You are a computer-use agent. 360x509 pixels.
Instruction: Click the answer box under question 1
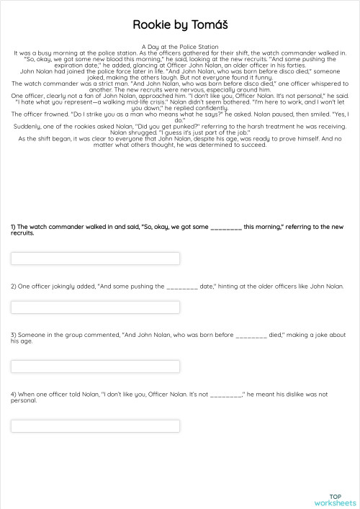(95, 258)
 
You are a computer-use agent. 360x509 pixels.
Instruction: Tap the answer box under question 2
(95, 307)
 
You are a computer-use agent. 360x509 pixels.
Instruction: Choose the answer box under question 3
(95, 366)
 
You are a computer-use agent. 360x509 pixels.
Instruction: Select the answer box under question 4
(95, 425)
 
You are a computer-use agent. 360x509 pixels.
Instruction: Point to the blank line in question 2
(182, 287)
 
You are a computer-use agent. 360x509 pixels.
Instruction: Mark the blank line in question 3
(251, 335)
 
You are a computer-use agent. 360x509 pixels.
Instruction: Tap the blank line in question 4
(226, 395)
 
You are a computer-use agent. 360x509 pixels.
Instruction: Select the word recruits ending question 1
(22, 233)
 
